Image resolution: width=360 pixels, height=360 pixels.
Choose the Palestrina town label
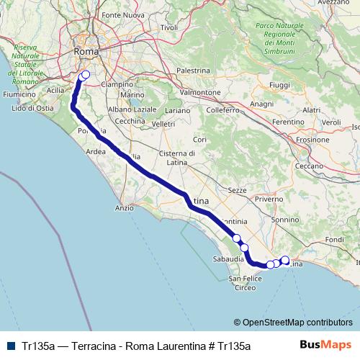coord(192,71)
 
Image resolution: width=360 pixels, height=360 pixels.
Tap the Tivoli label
coord(168,27)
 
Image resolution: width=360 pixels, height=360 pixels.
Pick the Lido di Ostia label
coord(32,108)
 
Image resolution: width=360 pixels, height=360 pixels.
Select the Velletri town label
coord(163,124)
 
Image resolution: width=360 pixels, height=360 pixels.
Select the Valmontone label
coord(200,93)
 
